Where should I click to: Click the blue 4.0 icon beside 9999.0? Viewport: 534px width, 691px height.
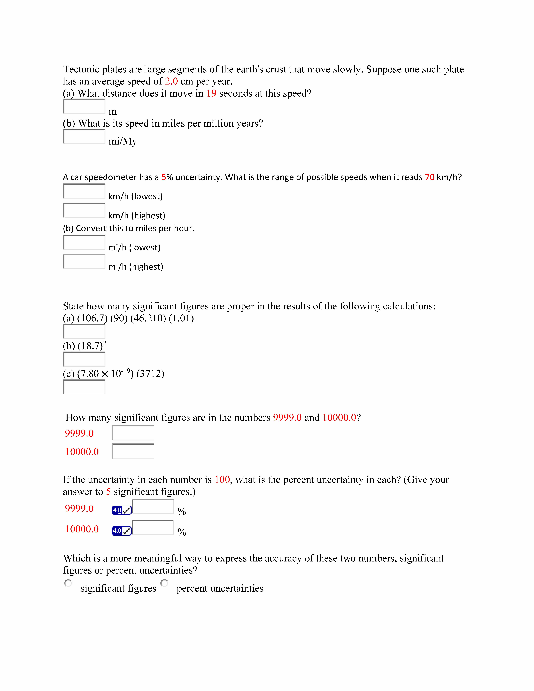[x=121, y=510]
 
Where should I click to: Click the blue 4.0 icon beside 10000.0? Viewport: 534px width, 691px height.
[x=121, y=531]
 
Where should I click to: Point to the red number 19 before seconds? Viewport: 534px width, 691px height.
[x=211, y=93]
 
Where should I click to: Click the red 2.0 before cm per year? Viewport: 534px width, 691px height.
[x=171, y=81]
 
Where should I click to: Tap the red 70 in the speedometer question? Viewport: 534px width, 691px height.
[x=430, y=177]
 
